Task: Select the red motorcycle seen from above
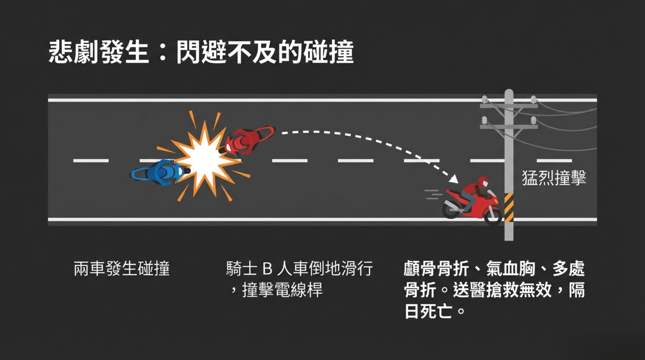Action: tap(248, 140)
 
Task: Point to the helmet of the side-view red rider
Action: tap(483, 182)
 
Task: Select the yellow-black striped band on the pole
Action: tap(509, 208)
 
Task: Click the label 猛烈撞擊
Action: tap(554, 178)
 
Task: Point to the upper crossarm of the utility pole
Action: tap(509, 105)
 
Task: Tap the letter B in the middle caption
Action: tap(267, 269)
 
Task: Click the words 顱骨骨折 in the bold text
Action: tap(436, 269)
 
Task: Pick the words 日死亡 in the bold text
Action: tap(428, 311)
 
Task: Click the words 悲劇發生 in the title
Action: tap(99, 52)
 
